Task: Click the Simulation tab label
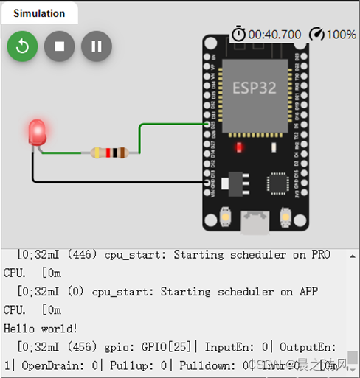point(39,13)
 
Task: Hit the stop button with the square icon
point(60,46)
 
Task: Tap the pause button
point(97,46)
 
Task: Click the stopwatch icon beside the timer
point(239,34)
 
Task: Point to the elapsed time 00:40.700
point(274,35)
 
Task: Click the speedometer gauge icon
point(316,34)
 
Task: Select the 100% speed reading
point(342,35)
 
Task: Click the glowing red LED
point(36,132)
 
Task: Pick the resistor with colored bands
point(109,153)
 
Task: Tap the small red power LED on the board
point(239,147)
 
